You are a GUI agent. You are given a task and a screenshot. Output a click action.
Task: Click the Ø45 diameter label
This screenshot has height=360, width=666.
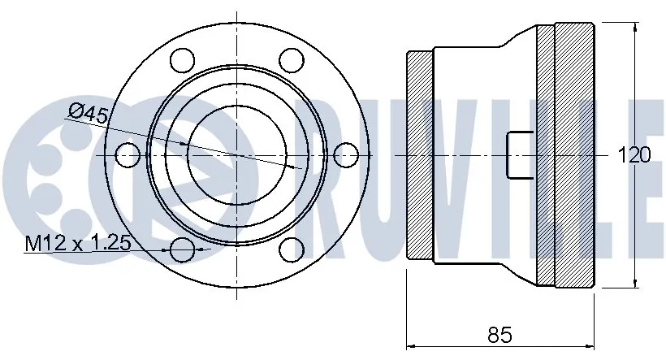tap(89, 115)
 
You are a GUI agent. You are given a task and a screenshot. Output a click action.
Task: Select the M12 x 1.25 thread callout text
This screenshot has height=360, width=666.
tap(79, 243)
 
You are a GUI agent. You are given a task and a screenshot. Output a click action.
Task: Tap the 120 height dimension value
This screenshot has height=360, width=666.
tap(634, 154)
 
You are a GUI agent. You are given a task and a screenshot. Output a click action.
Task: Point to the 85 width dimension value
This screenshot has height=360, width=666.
tap(500, 334)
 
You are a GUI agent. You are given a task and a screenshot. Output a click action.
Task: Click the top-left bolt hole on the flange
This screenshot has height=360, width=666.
tap(184, 60)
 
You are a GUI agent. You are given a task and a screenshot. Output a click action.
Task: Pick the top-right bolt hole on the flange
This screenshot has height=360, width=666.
tap(291, 60)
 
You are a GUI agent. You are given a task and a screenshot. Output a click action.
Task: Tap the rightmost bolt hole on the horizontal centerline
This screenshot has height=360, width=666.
tap(346, 154)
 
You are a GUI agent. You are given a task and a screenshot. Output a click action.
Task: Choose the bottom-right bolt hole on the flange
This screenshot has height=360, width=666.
tap(291, 248)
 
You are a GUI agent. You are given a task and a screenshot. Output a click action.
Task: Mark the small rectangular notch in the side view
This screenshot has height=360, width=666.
tap(520, 154)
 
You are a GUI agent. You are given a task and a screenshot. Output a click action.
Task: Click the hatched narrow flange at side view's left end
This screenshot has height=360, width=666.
tap(419, 154)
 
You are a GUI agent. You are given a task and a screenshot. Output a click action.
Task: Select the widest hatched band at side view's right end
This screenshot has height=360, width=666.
tap(573, 154)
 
